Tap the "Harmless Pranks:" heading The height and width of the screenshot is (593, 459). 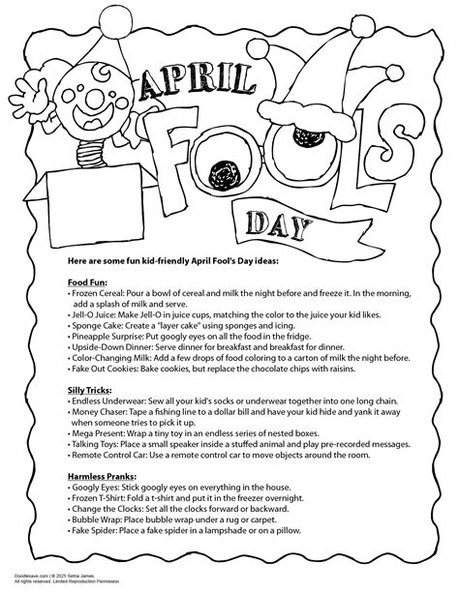106,477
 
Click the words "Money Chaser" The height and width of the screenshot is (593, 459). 104,411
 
